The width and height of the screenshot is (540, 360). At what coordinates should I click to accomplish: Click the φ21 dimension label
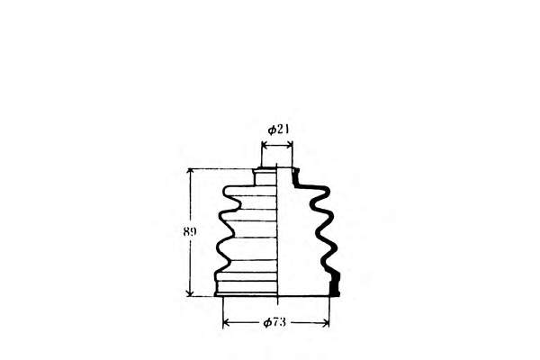click(x=278, y=130)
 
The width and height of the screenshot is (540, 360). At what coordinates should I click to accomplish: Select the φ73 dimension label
click(x=274, y=322)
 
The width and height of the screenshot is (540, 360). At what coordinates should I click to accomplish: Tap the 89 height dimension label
click(x=190, y=232)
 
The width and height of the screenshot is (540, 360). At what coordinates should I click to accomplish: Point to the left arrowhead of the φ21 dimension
click(x=265, y=145)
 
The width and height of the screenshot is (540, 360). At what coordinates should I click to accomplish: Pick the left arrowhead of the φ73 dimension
click(x=227, y=323)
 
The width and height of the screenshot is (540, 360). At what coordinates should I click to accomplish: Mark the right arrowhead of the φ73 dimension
click(x=326, y=323)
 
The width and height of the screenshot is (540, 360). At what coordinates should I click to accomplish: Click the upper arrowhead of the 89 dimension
click(x=190, y=172)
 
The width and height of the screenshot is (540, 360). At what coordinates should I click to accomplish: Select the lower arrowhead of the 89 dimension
click(x=190, y=292)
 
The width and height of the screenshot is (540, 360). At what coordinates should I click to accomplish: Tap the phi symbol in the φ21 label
click(x=272, y=130)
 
